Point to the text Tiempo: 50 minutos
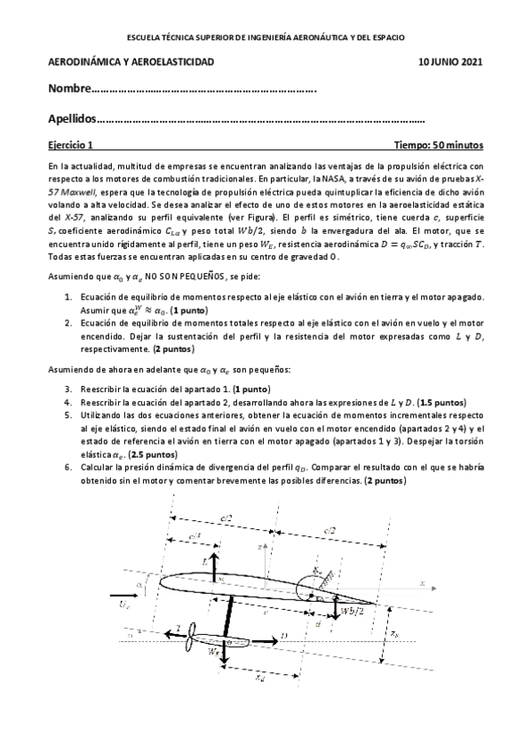(439, 144)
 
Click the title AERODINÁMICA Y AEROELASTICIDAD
(131, 62)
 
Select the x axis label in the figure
(422, 584)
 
